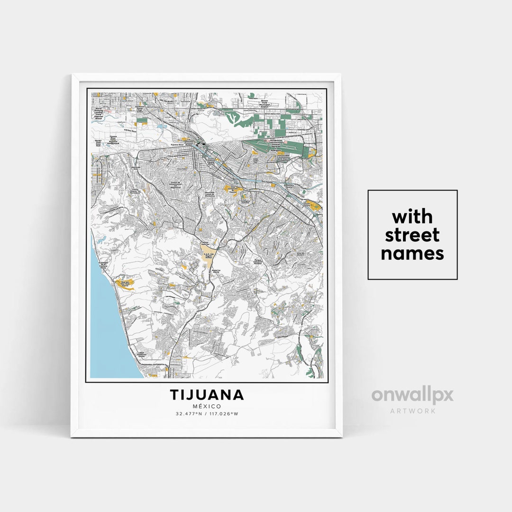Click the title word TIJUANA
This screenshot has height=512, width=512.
pyautogui.click(x=207, y=394)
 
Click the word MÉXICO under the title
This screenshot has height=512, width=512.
pyautogui.click(x=207, y=406)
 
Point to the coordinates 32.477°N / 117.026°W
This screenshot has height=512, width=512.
pyautogui.click(x=207, y=414)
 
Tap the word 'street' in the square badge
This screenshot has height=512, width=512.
pyautogui.click(x=412, y=235)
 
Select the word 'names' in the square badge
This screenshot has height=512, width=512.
pyautogui.click(x=412, y=253)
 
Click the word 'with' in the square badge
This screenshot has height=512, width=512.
pyautogui.click(x=412, y=217)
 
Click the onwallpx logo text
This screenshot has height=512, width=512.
pyautogui.click(x=412, y=395)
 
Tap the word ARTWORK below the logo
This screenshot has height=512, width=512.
pyautogui.click(x=412, y=411)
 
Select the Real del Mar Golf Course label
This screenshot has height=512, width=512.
pyautogui.click(x=125, y=283)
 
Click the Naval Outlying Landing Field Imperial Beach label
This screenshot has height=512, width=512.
pyautogui.click(x=100, y=112)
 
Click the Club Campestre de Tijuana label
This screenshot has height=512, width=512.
pyautogui.click(x=232, y=189)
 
